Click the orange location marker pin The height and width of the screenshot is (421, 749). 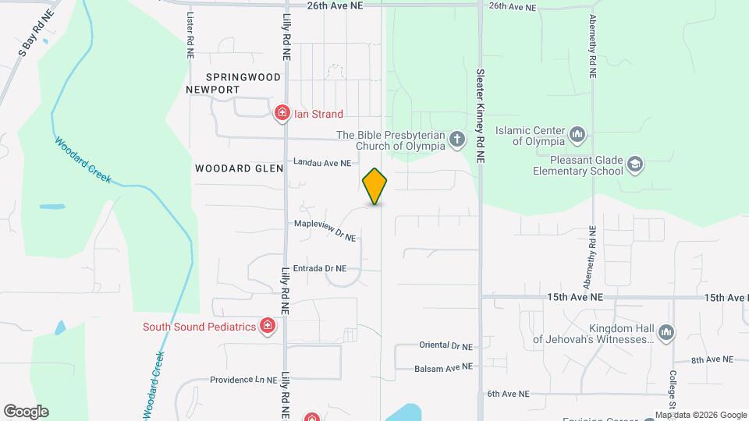375,186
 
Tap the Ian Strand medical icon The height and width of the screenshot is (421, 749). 282,114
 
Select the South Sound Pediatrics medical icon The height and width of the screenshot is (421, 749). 268,326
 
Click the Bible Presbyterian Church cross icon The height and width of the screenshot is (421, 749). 456,140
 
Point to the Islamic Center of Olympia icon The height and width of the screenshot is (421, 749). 578,135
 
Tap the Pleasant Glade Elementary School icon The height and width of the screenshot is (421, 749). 635,165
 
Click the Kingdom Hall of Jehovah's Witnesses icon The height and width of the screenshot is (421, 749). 666,334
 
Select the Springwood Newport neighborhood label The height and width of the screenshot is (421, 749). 223,83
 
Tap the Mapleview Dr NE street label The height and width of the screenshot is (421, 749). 325,229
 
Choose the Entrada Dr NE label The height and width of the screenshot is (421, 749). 325,269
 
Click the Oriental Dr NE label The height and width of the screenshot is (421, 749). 445,345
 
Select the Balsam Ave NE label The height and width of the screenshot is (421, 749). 444,366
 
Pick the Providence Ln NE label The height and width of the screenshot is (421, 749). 243,380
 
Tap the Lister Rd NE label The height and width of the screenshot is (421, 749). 190,36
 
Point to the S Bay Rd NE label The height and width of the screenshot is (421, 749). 37,34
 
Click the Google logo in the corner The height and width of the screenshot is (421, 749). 26,412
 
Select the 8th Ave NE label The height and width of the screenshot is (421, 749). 712,359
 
